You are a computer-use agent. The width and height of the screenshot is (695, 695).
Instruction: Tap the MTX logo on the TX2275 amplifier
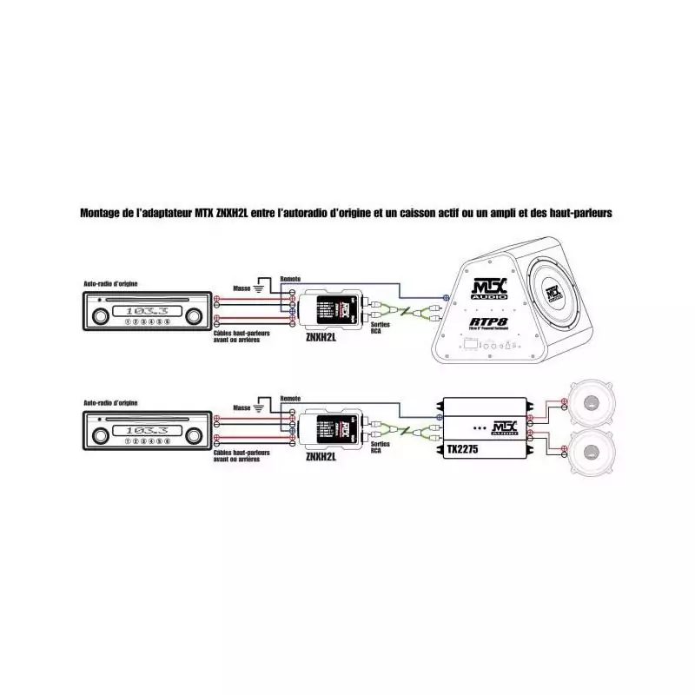(x=503, y=428)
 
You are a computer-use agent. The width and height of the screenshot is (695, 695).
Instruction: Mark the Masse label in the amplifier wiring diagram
(x=242, y=407)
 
